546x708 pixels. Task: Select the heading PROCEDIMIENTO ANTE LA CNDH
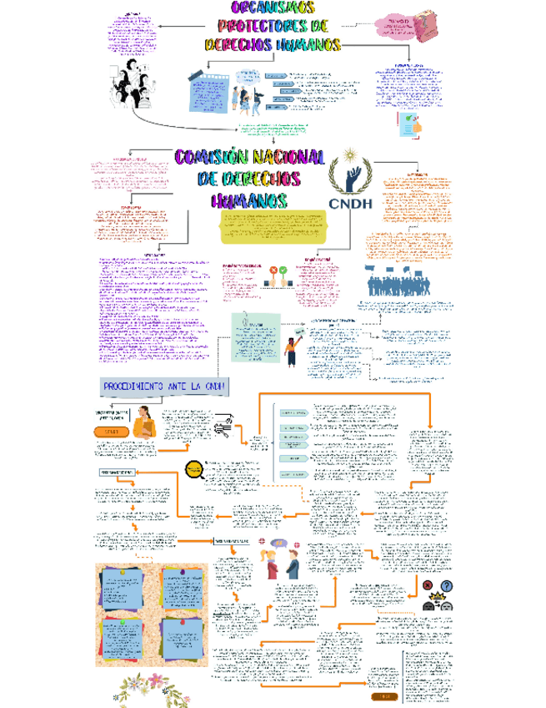164,387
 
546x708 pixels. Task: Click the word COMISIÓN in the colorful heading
212,158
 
